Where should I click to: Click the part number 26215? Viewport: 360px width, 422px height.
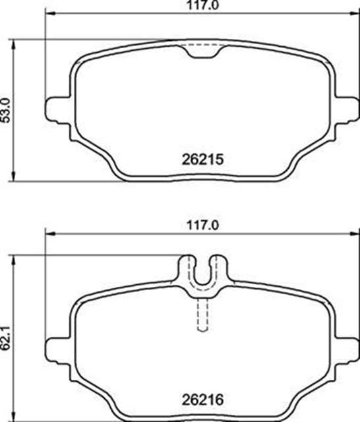(202, 160)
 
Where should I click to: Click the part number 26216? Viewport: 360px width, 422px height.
(202, 400)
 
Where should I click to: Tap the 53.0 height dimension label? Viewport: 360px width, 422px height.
(6, 111)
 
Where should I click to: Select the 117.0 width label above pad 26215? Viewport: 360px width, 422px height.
(203, 5)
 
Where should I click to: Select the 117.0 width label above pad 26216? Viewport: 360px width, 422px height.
(203, 226)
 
